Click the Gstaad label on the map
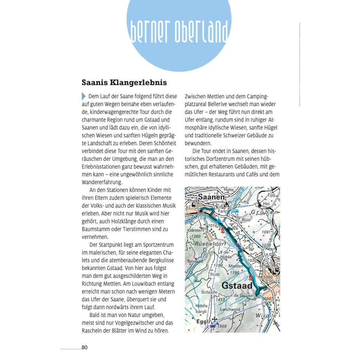237,285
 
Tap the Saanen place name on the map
211,197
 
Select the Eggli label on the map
203,321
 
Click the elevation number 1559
222,326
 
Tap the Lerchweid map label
230,309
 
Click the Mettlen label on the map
236,266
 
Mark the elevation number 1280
196,236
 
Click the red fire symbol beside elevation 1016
223,230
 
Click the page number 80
84,348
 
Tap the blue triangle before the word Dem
84,96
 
